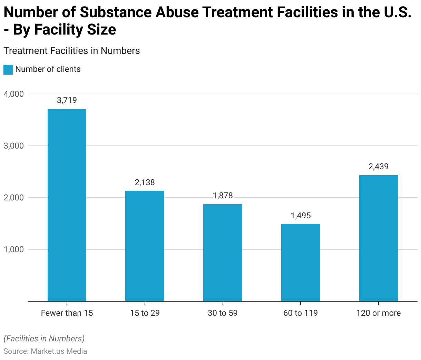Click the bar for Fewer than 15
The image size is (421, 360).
[x=67, y=205]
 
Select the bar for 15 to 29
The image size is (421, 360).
[x=145, y=246]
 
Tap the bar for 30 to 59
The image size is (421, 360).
[x=223, y=253]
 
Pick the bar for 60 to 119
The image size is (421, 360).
[x=301, y=262]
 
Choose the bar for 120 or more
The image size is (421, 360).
[x=379, y=238]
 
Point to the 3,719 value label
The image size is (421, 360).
[x=67, y=100]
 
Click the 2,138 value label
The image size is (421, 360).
[x=145, y=182]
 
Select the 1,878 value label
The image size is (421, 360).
[x=223, y=196]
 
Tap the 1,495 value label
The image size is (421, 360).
[x=301, y=216]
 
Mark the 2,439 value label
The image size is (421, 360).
[x=379, y=167]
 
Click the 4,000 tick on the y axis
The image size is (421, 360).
[x=14, y=94]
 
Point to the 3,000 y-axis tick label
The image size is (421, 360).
[x=14, y=146]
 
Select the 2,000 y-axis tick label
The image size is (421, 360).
[x=14, y=198]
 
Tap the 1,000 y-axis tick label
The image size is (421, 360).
[x=14, y=249]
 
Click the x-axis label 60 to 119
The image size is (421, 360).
[x=301, y=313]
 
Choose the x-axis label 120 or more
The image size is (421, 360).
[x=379, y=313]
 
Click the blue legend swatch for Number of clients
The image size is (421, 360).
[x=8, y=69]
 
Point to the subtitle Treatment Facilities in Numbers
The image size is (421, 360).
[x=71, y=51]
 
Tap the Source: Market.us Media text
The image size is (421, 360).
[x=45, y=351]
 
